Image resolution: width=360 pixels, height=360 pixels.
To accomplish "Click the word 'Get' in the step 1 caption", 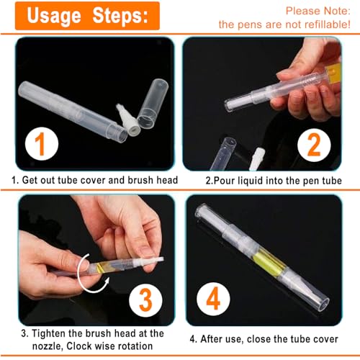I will coord(30,179).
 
